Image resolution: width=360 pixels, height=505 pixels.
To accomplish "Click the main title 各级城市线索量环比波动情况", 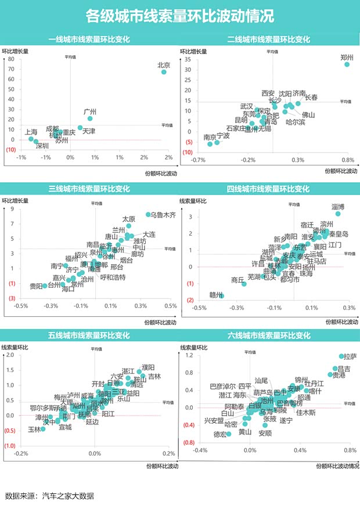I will tap(179, 16).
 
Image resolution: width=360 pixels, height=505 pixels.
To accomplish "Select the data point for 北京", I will tap(164, 72).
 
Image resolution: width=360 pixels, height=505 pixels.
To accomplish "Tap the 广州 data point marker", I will tap(90, 118).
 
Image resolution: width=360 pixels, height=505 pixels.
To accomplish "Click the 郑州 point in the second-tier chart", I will tap(347, 64).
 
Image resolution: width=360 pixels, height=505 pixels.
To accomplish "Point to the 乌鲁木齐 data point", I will tap(148, 214).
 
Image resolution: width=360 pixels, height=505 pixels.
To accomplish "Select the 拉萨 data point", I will tap(341, 356).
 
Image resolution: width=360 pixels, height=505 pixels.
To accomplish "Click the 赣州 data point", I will tap(221, 295).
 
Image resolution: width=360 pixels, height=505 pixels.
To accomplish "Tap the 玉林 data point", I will tap(43, 429).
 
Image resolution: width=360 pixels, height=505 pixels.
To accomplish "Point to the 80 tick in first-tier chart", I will tap(11, 59).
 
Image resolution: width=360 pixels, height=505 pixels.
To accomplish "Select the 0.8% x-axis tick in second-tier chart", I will tap(347, 160).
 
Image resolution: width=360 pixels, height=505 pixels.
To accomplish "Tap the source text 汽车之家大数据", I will tap(72, 496).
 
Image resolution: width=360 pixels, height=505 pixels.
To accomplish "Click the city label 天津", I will tap(89, 132).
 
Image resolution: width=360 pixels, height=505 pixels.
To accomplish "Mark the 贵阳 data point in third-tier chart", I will tap(45, 286).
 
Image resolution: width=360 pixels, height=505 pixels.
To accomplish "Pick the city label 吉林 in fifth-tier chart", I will tap(154, 376).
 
